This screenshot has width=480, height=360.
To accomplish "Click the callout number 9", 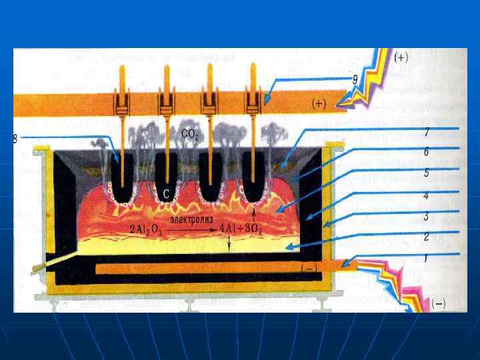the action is click(355, 79).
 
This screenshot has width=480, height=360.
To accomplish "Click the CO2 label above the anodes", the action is click(189, 134).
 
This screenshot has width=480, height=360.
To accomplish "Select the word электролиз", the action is click(191, 219).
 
